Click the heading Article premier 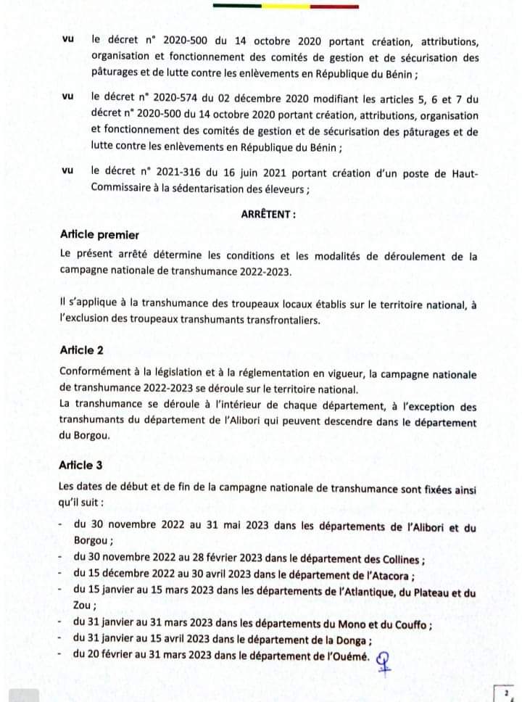click(x=99, y=235)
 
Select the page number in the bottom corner click(x=505, y=693)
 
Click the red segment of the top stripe click(x=333, y=7)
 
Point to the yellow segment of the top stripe click(x=286, y=7)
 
